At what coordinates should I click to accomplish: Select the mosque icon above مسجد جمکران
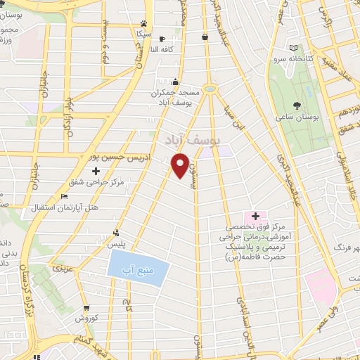pyautogui.click(x=174, y=82)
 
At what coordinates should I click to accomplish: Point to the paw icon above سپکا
pyautogui.click(x=144, y=23)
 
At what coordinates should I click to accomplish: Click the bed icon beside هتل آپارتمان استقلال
pyautogui.click(x=64, y=196)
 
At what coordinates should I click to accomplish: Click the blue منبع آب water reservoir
pyautogui.click(x=139, y=268)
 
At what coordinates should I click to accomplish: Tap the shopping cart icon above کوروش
pyautogui.click(x=86, y=308)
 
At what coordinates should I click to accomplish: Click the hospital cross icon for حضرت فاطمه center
pyautogui.click(x=255, y=215)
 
